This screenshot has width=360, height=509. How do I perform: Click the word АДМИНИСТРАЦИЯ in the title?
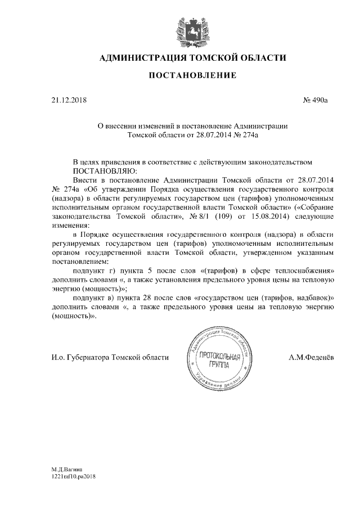(x=137, y=57)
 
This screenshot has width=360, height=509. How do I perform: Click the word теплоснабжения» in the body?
(x=307, y=271)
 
